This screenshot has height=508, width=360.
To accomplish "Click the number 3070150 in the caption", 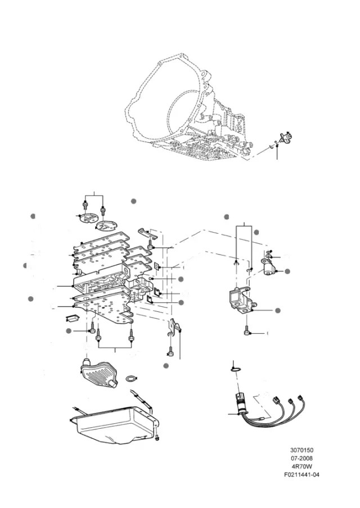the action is coord(301,450).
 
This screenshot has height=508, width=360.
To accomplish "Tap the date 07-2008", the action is coord(302,459).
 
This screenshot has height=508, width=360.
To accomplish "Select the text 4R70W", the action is coord(302,467).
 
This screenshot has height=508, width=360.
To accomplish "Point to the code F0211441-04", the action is coord(302,475).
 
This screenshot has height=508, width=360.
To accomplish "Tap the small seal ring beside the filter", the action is coord(132,378).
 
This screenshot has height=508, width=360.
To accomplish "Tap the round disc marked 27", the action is coord(107,226).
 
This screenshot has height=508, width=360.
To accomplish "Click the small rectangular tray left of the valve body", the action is coord(72,317).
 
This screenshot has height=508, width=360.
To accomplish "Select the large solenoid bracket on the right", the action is coord(242,300).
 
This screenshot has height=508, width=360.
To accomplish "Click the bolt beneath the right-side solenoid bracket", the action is coord(247,330).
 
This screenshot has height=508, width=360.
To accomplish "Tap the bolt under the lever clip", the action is coord(170,350).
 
